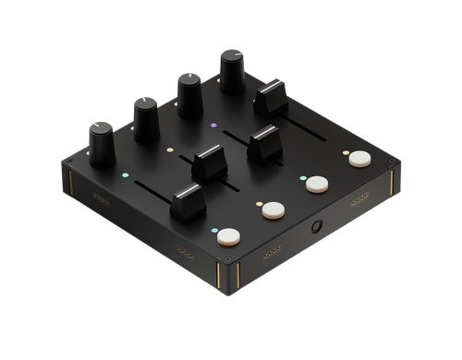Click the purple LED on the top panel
tap(213, 125)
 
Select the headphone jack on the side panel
tap(317, 227)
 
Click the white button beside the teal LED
tap(272, 210)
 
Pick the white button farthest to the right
tap(359, 159)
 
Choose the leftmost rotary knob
tap(102, 145)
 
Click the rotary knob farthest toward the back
tap(233, 71)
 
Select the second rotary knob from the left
tap(146, 119)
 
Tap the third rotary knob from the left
tap(189, 94)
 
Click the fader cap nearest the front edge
tap(188, 200)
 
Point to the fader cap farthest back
tap(271, 97)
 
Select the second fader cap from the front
tap(210, 162)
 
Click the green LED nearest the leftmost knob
tap(127, 172)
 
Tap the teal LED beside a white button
tap(258, 202)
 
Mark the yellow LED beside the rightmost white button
tap(345, 152)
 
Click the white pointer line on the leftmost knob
tap(95, 126)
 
